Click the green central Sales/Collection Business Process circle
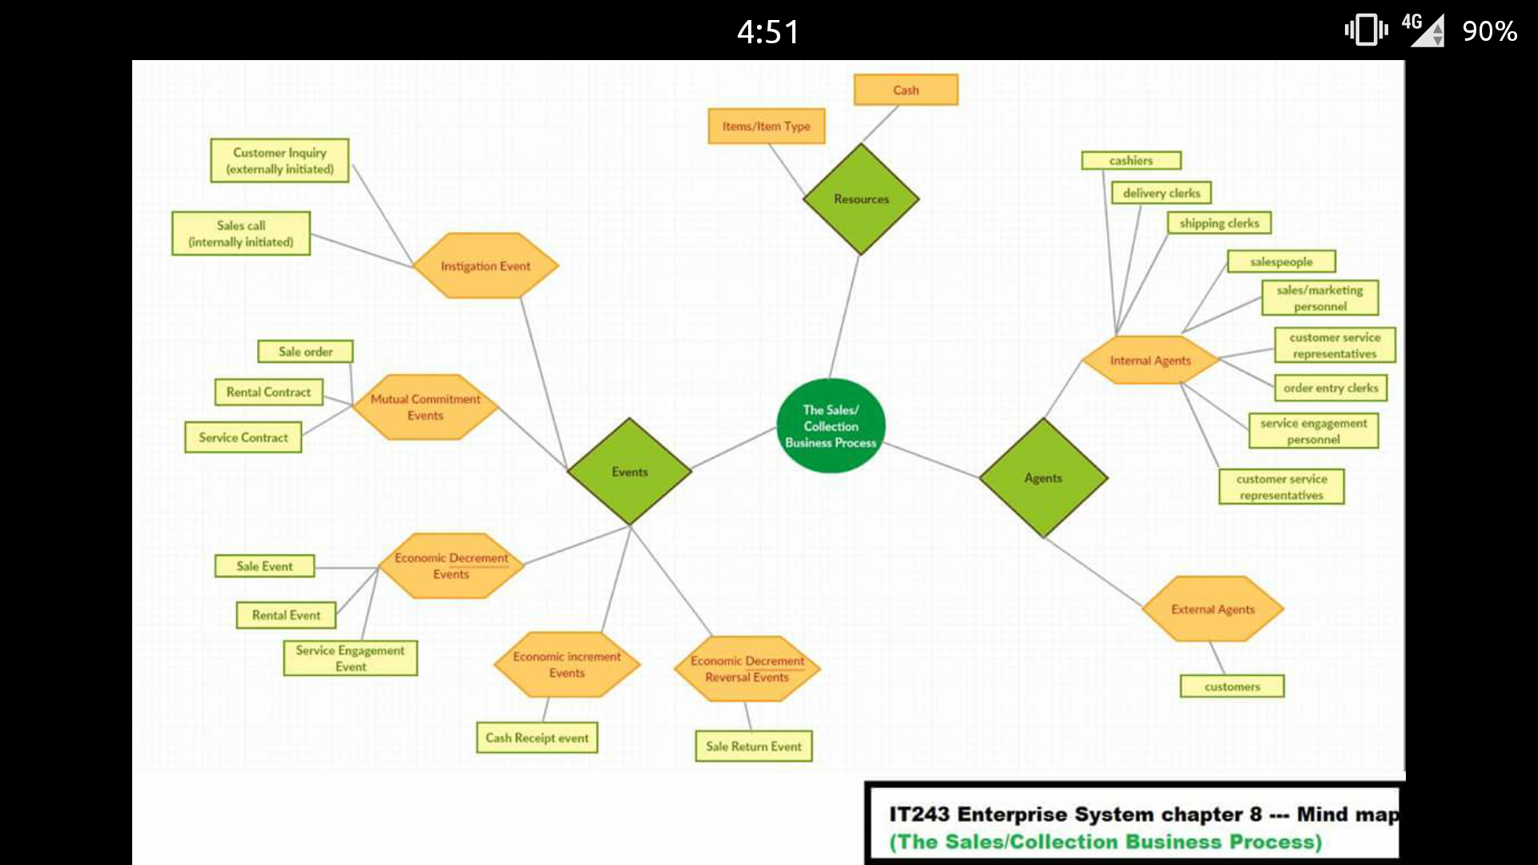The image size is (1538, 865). [x=831, y=425]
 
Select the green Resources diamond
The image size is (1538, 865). [x=861, y=199]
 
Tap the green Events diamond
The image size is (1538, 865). [x=630, y=472]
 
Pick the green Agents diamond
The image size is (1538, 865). [x=1043, y=478]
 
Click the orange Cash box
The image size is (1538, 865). [x=906, y=90]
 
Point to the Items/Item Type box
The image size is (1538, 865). [x=767, y=127]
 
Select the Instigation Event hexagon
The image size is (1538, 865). [x=485, y=266]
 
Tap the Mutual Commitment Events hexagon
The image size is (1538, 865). [x=425, y=407]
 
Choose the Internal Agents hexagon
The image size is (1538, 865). [x=1150, y=360]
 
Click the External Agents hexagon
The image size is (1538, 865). [x=1213, y=610]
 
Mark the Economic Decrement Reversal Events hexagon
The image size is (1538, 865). [x=747, y=669]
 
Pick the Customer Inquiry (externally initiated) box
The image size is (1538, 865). [x=280, y=160]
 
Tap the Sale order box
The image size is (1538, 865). [x=305, y=352]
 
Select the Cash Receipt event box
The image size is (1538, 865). [x=537, y=738]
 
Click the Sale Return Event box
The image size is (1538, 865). [x=754, y=746]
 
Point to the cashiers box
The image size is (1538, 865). [x=1131, y=161]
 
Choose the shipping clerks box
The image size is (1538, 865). [x=1219, y=223]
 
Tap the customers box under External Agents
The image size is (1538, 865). [x=1232, y=686]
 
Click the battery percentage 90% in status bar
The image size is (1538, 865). [x=1489, y=31]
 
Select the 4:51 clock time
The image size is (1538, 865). [x=768, y=32]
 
